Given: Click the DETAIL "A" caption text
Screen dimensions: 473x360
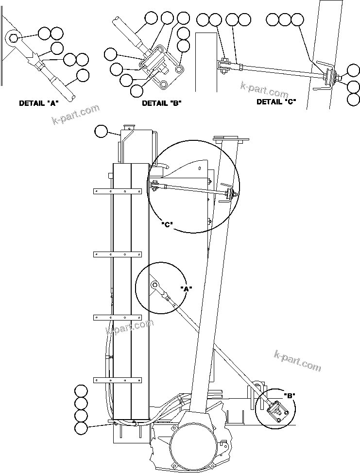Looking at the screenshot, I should tap(39, 103).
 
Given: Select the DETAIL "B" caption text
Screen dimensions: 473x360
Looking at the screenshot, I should tap(161, 103).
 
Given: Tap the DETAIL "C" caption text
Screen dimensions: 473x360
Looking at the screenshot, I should tap(276, 101).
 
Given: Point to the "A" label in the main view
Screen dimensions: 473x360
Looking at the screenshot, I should tap(186, 288).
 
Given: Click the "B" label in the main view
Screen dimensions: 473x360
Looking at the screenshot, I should tap(290, 395).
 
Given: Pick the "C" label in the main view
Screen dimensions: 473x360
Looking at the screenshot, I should tap(167, 224).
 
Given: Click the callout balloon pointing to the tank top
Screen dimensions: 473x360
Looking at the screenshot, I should tap(101, 131).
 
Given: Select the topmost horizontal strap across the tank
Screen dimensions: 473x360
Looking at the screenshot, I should tap(117, 191).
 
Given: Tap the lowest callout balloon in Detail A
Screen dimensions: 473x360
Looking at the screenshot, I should tap(83, 75).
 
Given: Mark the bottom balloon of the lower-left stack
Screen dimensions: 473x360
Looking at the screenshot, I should tap(81, 428).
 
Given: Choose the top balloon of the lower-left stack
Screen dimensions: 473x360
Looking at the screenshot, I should tap(81, 390).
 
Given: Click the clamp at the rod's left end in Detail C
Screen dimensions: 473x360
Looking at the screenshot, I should tap(223, 67).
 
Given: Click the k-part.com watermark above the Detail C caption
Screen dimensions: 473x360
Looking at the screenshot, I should tap(265, 90).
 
